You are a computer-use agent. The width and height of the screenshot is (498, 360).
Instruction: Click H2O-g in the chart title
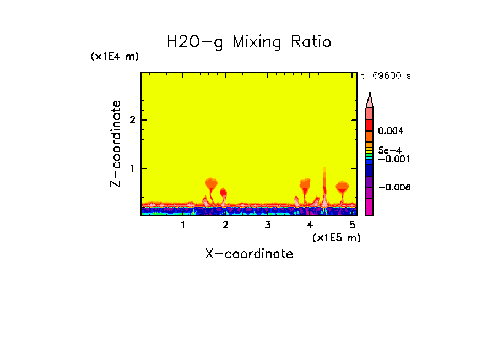click(x=195, y=42)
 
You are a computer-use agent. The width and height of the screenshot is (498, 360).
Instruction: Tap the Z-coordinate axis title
click(x=116, y=144)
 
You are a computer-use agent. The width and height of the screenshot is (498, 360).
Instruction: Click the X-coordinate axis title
click(x=249, y=254)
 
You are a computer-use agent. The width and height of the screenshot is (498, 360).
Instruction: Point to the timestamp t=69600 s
click(x=386, y=76)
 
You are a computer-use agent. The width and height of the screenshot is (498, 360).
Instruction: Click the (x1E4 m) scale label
click(x=115, y=57)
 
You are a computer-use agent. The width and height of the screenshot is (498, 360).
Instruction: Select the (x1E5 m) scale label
click(x=336, y=237)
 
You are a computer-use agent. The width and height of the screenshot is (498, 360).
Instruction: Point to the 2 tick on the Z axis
click(x=132, y=120)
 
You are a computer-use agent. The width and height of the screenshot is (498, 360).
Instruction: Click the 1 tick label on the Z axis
click(x=132, y=168)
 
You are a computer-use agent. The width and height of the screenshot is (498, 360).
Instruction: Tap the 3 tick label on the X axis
click(x=268, y=225)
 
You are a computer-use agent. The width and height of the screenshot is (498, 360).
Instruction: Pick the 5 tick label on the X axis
click(x=352, y=225)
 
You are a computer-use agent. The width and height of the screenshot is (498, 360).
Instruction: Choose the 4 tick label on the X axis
click(x=310, y=225)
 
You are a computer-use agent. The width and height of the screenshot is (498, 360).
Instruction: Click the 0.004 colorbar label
click(x=391, y=131)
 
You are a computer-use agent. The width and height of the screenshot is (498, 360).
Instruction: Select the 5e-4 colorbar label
click(x=389, y=150)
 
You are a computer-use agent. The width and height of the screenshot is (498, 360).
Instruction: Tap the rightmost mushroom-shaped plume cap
click(x=342, y=186)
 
